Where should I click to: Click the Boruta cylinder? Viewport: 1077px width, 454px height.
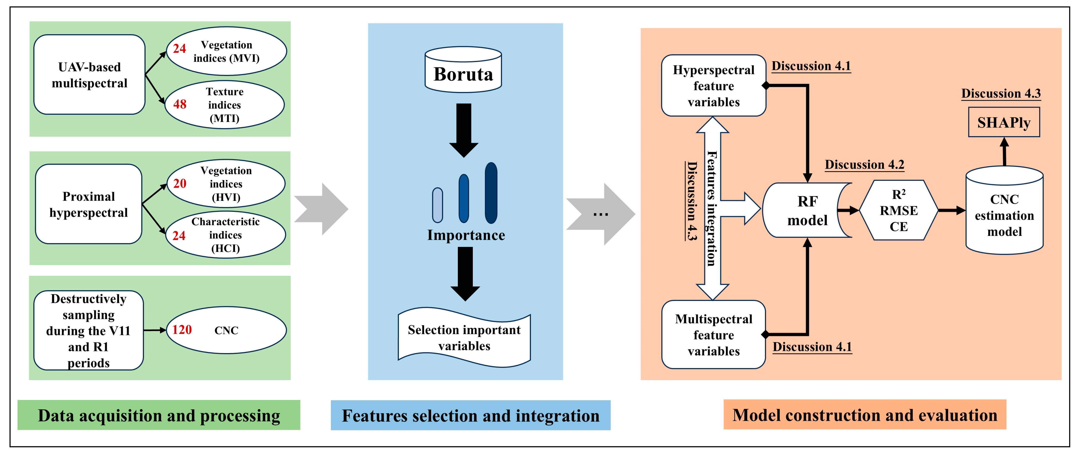click(x=463, y=70)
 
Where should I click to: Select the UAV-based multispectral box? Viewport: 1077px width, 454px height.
click(x=90, y=75)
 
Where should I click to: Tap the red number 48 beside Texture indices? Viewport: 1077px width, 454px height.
click(x=180, y=104)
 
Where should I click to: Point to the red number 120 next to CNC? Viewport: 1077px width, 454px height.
click(x=182, y=330)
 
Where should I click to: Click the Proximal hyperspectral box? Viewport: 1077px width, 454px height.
click(x=89, y=204)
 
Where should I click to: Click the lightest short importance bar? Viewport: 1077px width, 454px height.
click(x=437, y=205)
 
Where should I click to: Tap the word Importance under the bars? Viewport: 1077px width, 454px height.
click(x=466, y=235)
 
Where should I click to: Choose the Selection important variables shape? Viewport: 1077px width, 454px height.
click(x=464, y=338)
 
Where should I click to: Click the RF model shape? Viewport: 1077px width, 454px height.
click(x=807, y=211)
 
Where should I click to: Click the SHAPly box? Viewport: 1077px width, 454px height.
click(x=1004, y=122)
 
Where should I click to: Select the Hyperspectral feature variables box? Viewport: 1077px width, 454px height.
click(x=713, y=86)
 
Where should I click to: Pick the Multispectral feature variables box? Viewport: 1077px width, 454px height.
click(x=713, y=335)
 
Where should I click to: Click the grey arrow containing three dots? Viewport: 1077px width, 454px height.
click(x=600, y=214)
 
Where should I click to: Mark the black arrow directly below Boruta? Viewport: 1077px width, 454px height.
click(x=464, y=130)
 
